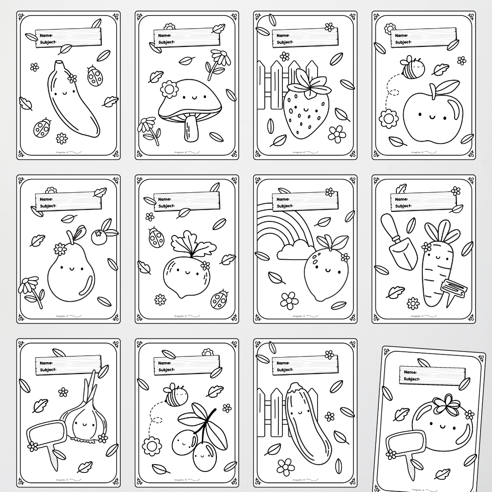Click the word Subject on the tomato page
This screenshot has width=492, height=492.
pos(411,379)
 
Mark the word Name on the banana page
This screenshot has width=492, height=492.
pos(46,36)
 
